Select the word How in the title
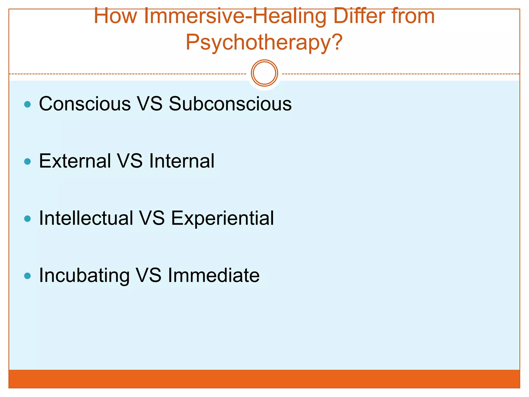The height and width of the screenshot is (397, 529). point(115,16)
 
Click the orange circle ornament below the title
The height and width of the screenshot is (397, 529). point(264,73)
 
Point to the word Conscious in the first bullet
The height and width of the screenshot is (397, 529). point(85,104)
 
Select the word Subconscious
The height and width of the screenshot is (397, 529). point(230,104)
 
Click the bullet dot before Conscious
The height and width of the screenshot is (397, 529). point(27,104)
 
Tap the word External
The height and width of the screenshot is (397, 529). point(75,161)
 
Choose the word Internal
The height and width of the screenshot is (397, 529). point(182,161)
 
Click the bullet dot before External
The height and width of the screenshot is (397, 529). point(27,162)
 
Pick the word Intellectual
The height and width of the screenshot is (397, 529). point(86,218)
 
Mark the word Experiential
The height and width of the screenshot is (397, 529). point(222,219)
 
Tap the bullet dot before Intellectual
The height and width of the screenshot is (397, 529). point(27,219)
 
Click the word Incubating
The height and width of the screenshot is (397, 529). point(84,276)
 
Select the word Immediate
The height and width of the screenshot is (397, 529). point(214,275)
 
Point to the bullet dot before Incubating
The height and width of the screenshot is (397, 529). point(27,276)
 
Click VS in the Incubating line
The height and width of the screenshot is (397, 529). point(149,275)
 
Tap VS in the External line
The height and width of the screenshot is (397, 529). point(130,161)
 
